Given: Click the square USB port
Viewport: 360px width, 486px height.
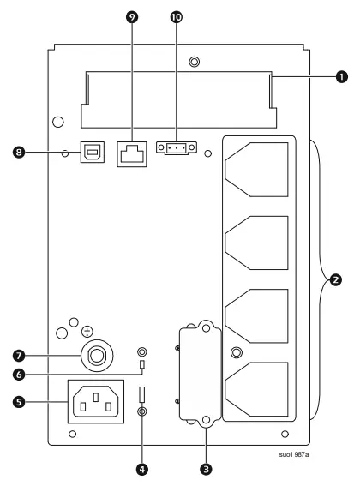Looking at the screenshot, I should (91, 153).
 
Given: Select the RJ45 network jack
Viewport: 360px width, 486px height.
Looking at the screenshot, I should (131, 153).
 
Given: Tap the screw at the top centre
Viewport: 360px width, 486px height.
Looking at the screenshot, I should (195, 62).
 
